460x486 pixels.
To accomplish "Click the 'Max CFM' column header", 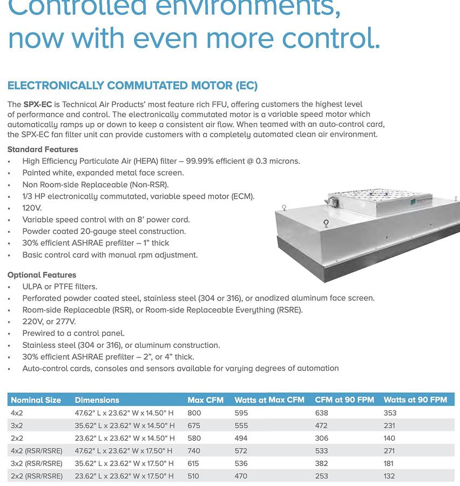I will tap(205, 400).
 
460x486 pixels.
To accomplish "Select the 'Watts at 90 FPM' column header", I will tap(415, 400).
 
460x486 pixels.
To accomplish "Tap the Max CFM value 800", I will tap(194, 413).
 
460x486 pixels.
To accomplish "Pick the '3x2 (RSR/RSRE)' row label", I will tap(36, 463).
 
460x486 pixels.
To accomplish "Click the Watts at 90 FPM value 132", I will tap(389, 476).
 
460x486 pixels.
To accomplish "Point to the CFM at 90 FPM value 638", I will tap(321, 413).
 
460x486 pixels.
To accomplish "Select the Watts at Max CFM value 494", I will tap(241, 438).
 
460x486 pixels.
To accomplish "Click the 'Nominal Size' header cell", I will tap(36, 400).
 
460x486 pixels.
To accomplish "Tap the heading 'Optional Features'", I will tap(42, 275).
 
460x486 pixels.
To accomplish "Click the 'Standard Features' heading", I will tap(43, 150).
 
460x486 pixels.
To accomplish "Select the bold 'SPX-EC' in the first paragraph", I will tap(38, 104).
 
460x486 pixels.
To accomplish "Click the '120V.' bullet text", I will tap(32, 208).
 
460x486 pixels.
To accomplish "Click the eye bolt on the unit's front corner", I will tap(326, 223).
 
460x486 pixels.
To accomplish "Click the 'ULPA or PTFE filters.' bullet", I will tap(59, 287).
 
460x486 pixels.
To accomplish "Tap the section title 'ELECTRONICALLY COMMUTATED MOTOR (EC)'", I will tap(132, 86).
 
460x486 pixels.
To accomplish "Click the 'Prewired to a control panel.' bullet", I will tap(73, 333).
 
